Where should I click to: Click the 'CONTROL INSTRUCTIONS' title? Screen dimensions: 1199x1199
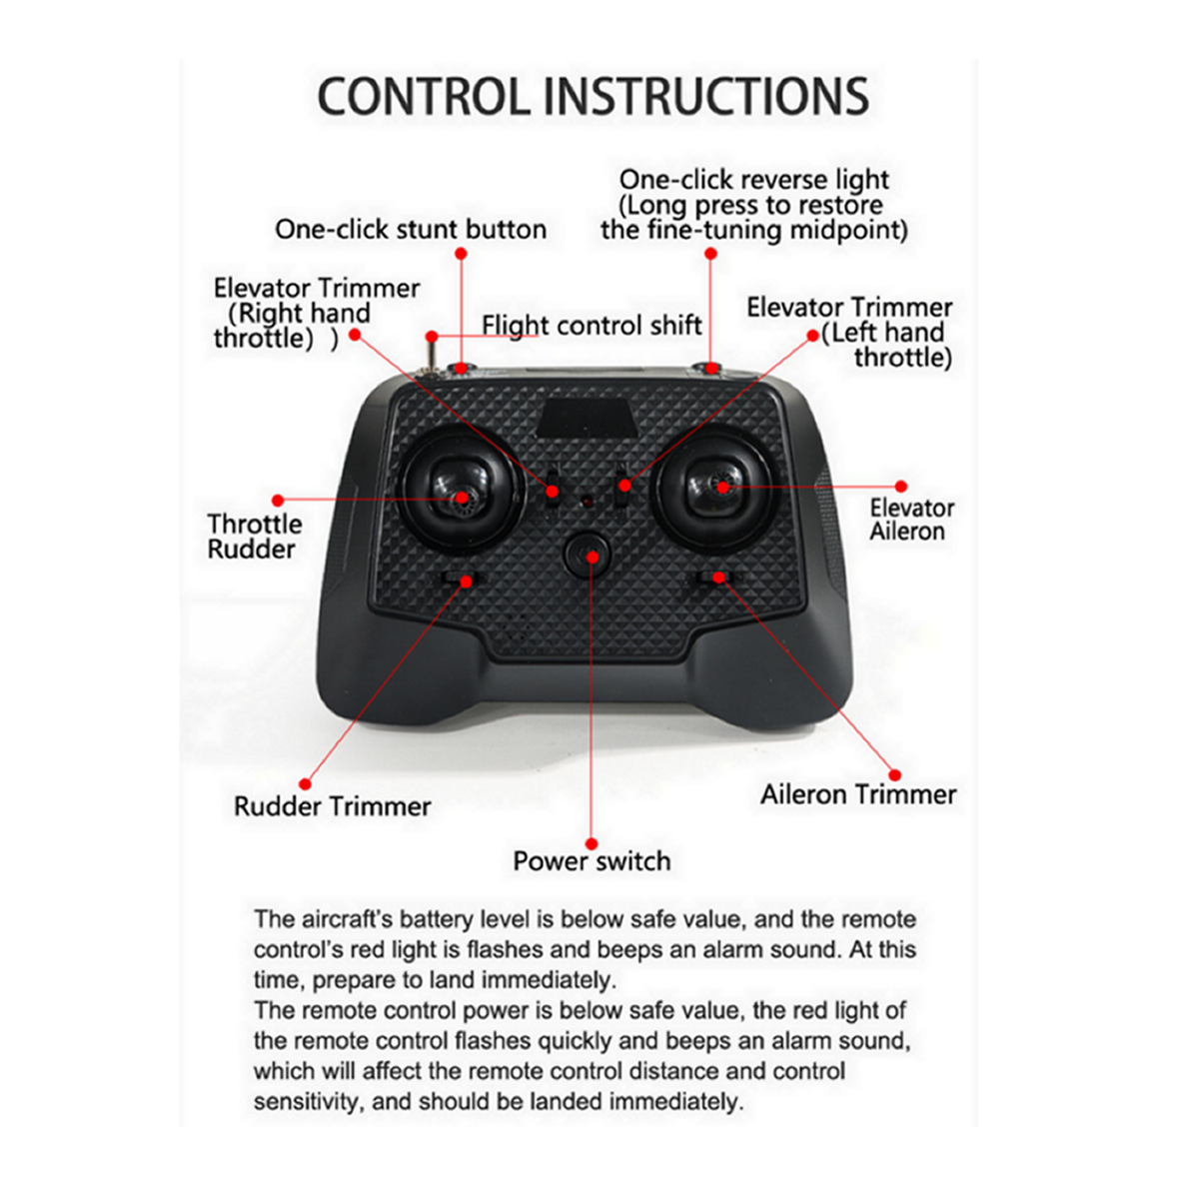(593, 97)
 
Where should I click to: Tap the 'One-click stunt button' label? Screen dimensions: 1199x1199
(411, 230)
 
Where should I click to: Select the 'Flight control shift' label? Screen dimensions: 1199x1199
(592, 326)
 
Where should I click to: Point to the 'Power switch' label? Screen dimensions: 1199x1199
(592, 861)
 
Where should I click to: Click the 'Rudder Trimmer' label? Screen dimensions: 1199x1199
(333, 806)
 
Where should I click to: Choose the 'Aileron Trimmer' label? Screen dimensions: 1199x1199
(858, 794)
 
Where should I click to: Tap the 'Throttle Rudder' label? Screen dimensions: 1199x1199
(255, 537)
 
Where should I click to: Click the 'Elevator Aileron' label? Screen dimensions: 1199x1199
(911, 520)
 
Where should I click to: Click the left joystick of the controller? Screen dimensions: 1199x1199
(461, 490)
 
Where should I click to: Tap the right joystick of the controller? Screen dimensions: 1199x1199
(717, 487)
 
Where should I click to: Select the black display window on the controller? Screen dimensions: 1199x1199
(588, 418)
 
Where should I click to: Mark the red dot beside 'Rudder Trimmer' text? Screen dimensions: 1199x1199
(305, 784)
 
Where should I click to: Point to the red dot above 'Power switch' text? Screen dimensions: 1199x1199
(592, 843)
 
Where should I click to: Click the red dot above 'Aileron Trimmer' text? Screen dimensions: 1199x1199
(894, 774)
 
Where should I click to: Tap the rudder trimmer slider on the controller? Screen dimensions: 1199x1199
(463, 579)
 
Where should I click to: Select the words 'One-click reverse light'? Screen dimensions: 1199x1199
(754, 180)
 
